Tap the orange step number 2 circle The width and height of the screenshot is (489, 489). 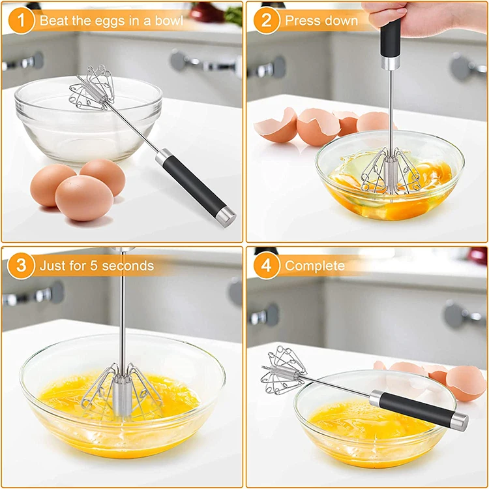pos(267,20)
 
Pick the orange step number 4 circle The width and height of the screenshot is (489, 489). pos(267,266)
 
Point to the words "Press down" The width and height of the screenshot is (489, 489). pos(321,21)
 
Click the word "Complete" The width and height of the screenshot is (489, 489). pos(315,266)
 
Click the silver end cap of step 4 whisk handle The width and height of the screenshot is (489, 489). pos(460,422)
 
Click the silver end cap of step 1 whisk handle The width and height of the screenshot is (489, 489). pos(226,216)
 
